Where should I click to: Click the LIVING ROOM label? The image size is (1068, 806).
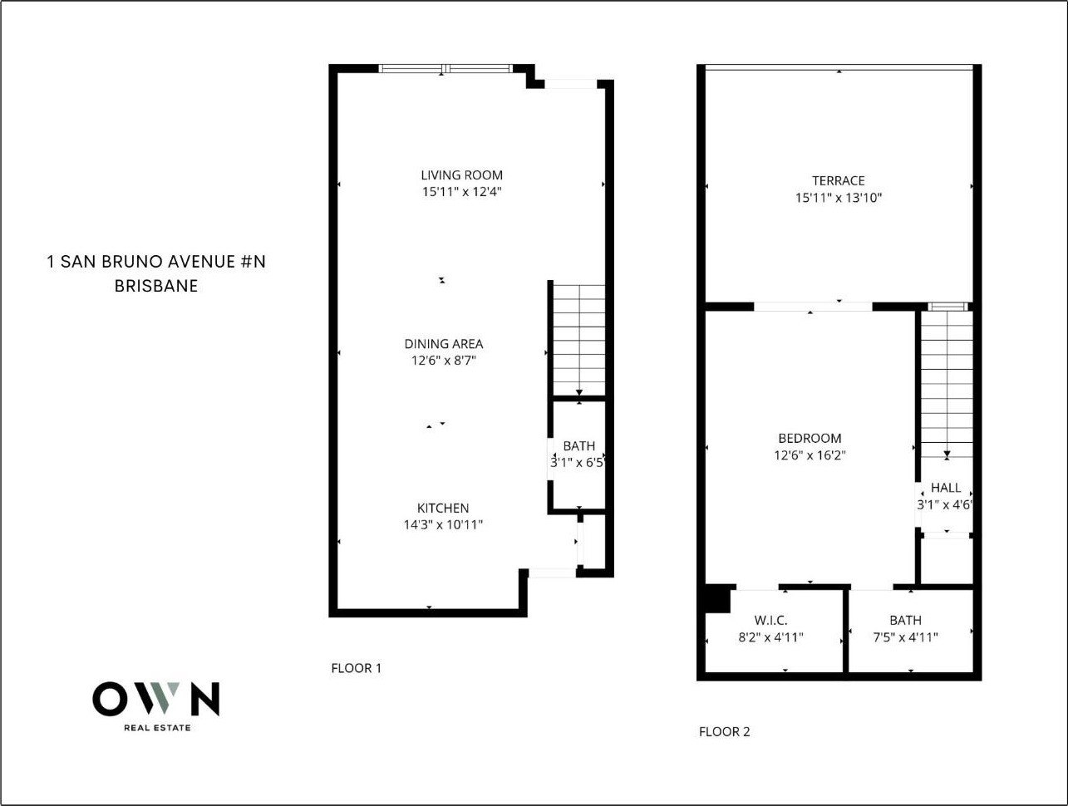(462, 175)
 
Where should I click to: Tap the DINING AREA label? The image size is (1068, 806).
(444, 344)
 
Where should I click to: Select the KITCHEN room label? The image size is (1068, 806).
(443, 508)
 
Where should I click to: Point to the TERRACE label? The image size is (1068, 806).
(839, 181)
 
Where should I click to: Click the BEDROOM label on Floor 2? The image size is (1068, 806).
(810, 438)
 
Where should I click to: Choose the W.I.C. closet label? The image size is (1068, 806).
(770, 620)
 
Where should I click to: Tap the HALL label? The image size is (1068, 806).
(946, 488)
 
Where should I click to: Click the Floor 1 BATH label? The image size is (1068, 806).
(579, 445)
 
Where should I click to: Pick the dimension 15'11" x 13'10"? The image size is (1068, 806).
(839, 198)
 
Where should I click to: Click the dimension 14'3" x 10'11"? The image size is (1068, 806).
(443, 525)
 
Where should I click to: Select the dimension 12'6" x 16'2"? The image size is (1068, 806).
(810, 455)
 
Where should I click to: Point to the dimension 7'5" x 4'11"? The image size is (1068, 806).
(905, 637)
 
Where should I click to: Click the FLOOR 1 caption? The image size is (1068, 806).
(357, 668)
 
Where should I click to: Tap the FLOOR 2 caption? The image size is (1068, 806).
(725, 731)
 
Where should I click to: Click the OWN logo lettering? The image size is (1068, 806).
(156, 699)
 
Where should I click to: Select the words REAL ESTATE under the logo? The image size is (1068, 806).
(157, 728)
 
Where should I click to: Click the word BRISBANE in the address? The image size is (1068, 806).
(156, 286)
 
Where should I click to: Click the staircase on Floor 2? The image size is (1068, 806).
(947, 384)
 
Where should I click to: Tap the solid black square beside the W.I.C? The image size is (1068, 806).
(717, 598)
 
